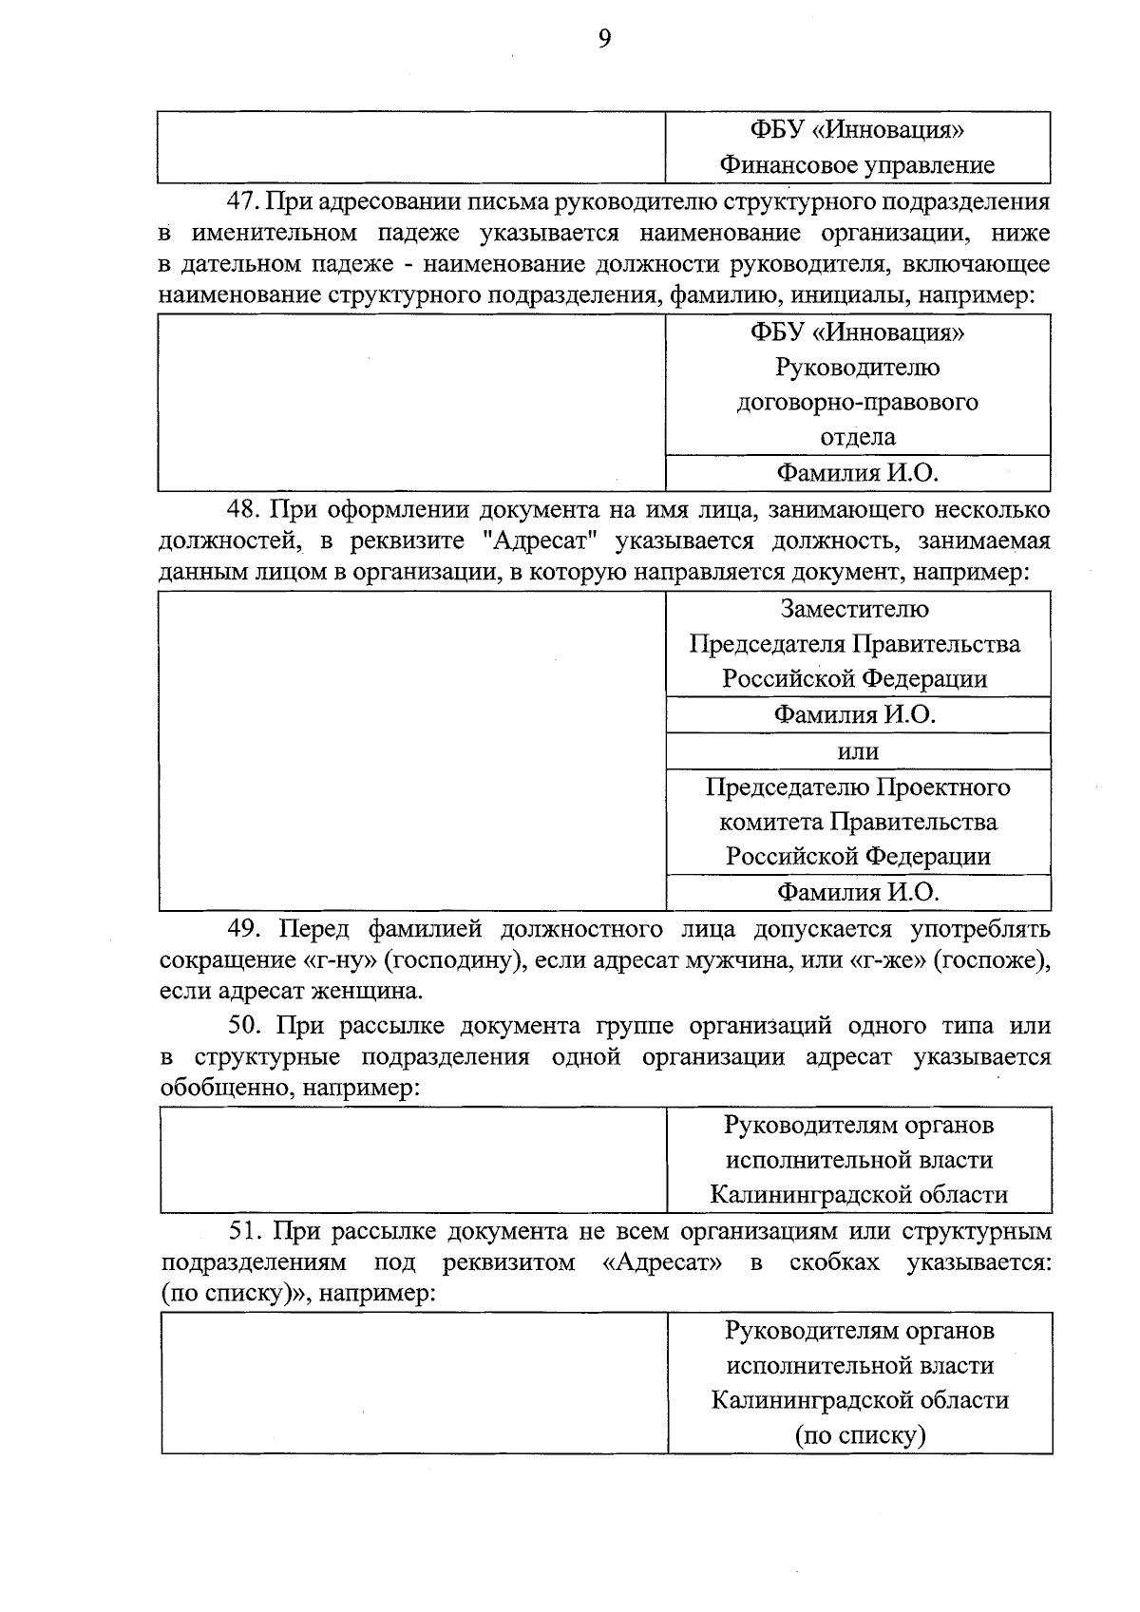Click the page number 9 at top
click(604, 38)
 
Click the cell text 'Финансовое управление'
click(857, 165)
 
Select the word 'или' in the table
click(857, 751)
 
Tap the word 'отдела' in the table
click(857, 437)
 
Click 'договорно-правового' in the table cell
click(857, 402)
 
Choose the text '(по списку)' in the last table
click(859, 1435)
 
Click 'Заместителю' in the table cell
click(854, 609)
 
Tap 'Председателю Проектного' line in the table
click(857, 787)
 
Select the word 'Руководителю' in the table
click(857, 368)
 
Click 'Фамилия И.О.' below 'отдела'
click(857, 472)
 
